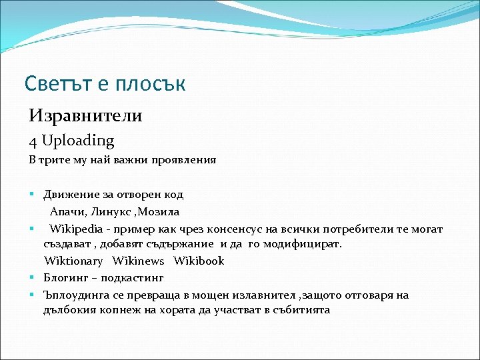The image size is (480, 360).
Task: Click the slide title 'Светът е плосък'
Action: pos(105,84)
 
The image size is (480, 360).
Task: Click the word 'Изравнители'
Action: pos(85,116)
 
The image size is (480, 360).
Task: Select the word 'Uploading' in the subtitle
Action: pos(78,141)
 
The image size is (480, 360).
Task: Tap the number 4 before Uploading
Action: pos(33,141)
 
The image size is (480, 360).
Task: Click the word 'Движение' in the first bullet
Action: pos(68,195)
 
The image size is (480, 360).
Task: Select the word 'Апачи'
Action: pos(65,212)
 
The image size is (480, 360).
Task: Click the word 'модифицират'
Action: pos(302,245)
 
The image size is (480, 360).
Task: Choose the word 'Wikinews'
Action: pos(139,261)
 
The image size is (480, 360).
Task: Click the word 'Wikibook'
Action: pos(199,261)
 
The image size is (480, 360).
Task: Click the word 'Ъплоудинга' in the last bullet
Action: pos(74,295)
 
